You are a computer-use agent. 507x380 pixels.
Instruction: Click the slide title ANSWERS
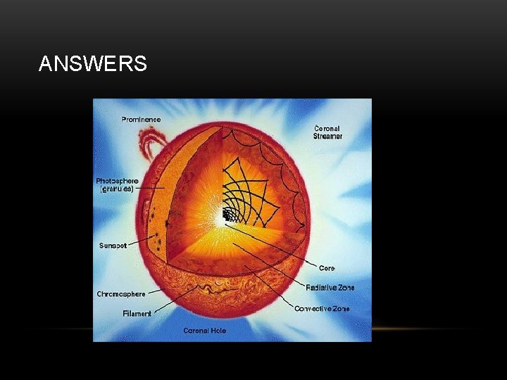(x=93, y=64)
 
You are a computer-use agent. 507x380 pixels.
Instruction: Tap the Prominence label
(x=141, y=120)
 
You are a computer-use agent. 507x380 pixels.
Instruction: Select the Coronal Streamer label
(x=327, y=132)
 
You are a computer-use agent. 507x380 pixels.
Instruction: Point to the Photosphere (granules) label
(x=117, y=185)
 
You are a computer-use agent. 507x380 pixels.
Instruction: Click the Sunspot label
(x=113, y=246)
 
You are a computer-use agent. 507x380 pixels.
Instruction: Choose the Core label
(x=327, y=268)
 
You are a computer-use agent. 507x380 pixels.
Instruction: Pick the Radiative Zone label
(x=330, y=287)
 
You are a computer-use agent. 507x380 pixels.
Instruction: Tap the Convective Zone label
(x=322, y=308)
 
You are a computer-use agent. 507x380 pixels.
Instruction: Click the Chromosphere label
(x=121, y=293)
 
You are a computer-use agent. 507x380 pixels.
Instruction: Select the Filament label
(x=137, y=313)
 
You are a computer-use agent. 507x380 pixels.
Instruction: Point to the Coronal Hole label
(x=205, y=330)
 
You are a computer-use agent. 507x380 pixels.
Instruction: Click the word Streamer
(x=328, y=137)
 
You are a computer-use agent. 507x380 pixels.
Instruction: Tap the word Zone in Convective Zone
(x=337, y=308)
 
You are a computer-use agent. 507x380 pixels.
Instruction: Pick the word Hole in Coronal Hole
(x=217, y=330)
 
